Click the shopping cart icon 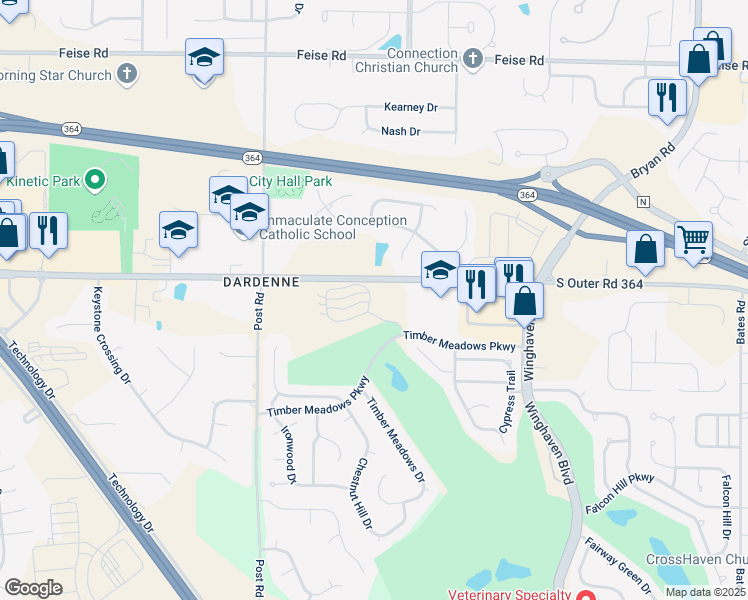point(693,240)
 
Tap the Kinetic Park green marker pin point(95,181)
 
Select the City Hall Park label point(289,182)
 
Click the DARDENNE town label point(260,283)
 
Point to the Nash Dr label point(401,131)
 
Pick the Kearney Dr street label point(411,107)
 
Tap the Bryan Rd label point(653,160)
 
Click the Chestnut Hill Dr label point(363,495)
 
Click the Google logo point(33,588)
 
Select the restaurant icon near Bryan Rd point(665,97)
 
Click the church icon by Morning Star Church point(126,73)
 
